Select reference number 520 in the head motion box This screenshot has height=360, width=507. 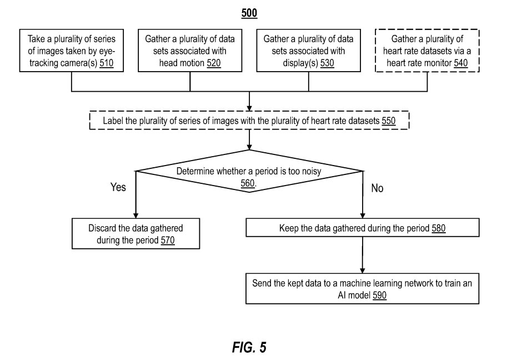[x=213, y=63]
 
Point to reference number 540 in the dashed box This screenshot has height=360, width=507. [x=460, y=63]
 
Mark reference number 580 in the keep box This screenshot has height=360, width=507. [x=439, y=228]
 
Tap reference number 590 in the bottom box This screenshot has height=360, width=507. [x=379, y=296]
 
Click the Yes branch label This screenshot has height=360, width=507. [x=118, y=187]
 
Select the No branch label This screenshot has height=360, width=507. [x=377, y=188]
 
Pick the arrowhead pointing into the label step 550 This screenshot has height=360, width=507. [x=250, y=109]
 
